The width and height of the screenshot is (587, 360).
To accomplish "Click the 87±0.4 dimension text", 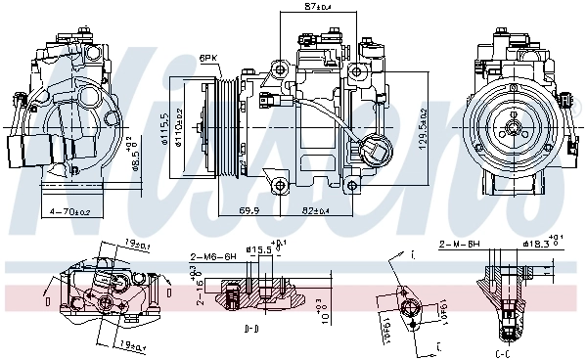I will pos(318,8).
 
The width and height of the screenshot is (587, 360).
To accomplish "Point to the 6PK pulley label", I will pos(208,58).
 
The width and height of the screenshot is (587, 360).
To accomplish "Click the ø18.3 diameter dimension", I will pos(539,243).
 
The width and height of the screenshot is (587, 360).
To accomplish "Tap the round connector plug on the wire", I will pos(375,153).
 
